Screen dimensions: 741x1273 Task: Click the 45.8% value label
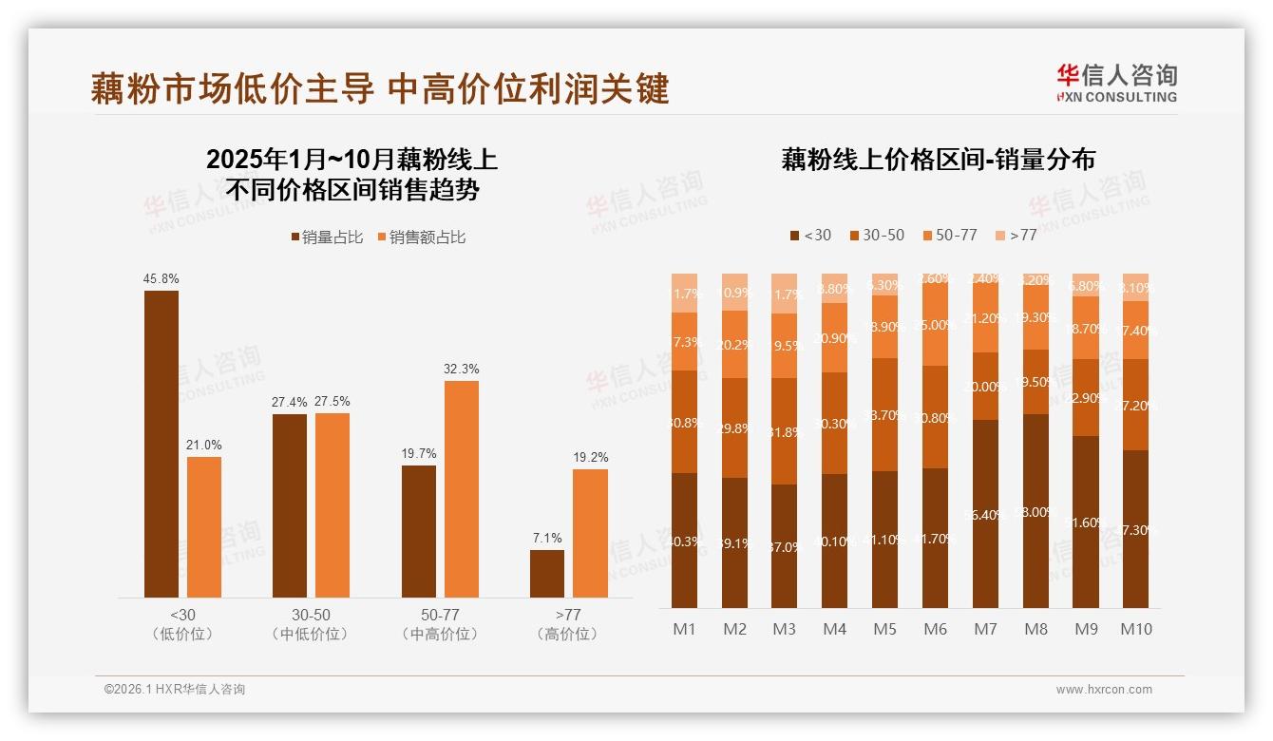click(161, 279)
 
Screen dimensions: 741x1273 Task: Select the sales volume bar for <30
click(161, 444)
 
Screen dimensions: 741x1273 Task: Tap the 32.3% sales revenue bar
click(461, 488)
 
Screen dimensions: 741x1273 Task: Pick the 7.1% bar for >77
click(547, 574)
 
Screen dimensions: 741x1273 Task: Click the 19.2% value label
click(590, 457)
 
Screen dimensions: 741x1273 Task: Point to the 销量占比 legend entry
click(327, 237)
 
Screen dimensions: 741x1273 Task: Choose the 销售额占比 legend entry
click(421, 237)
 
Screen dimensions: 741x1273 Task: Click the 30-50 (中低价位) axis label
click(310, 624)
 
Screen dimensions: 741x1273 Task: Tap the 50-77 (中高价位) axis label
click(440, 624)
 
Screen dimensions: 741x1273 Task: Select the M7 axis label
click(986, 629)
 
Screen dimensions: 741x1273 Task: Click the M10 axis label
click(1136, 629)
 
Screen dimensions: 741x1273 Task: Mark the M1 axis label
click(684, 629)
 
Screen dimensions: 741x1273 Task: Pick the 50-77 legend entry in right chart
click(949, 235)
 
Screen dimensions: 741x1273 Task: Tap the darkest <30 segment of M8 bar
click(1035, 511)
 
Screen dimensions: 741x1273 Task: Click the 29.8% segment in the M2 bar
click(734, 427)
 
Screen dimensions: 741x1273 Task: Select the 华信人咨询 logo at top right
click(1116, 84)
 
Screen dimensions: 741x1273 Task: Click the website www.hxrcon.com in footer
click(1104, 690)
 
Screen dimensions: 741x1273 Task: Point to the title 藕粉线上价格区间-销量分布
click(938, 160)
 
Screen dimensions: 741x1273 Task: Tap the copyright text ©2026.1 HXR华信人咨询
click(175, 690)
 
